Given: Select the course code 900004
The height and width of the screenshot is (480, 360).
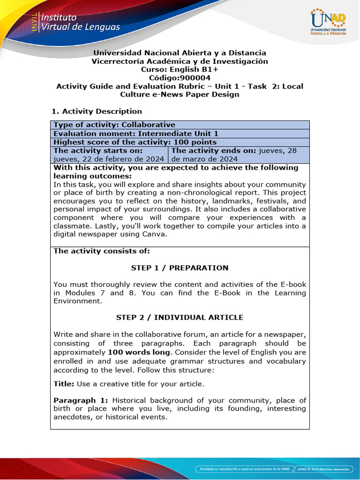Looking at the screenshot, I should tap(194, 78).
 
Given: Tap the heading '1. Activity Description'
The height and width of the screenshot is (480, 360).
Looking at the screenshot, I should tap(96, 111).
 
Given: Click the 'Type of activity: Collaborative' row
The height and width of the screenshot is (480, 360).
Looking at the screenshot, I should tap(114, 125).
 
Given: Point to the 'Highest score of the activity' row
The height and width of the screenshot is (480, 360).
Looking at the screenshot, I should tap(135, 142).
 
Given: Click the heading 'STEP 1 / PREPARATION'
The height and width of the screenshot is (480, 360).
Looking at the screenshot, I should tap(180, 268).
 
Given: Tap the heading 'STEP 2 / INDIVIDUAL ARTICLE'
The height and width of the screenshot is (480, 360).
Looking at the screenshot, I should tap(180, 317).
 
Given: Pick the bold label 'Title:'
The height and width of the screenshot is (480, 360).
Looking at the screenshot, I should tap(64, 384).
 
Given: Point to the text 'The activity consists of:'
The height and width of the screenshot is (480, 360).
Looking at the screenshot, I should tap(102, 251).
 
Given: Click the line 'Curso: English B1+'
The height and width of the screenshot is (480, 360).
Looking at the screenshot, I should tap(180, 69).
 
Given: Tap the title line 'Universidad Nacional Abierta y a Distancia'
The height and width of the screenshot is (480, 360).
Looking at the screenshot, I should tap(180, 53).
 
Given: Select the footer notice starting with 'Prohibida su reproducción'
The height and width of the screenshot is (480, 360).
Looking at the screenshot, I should tap(243, 468).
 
